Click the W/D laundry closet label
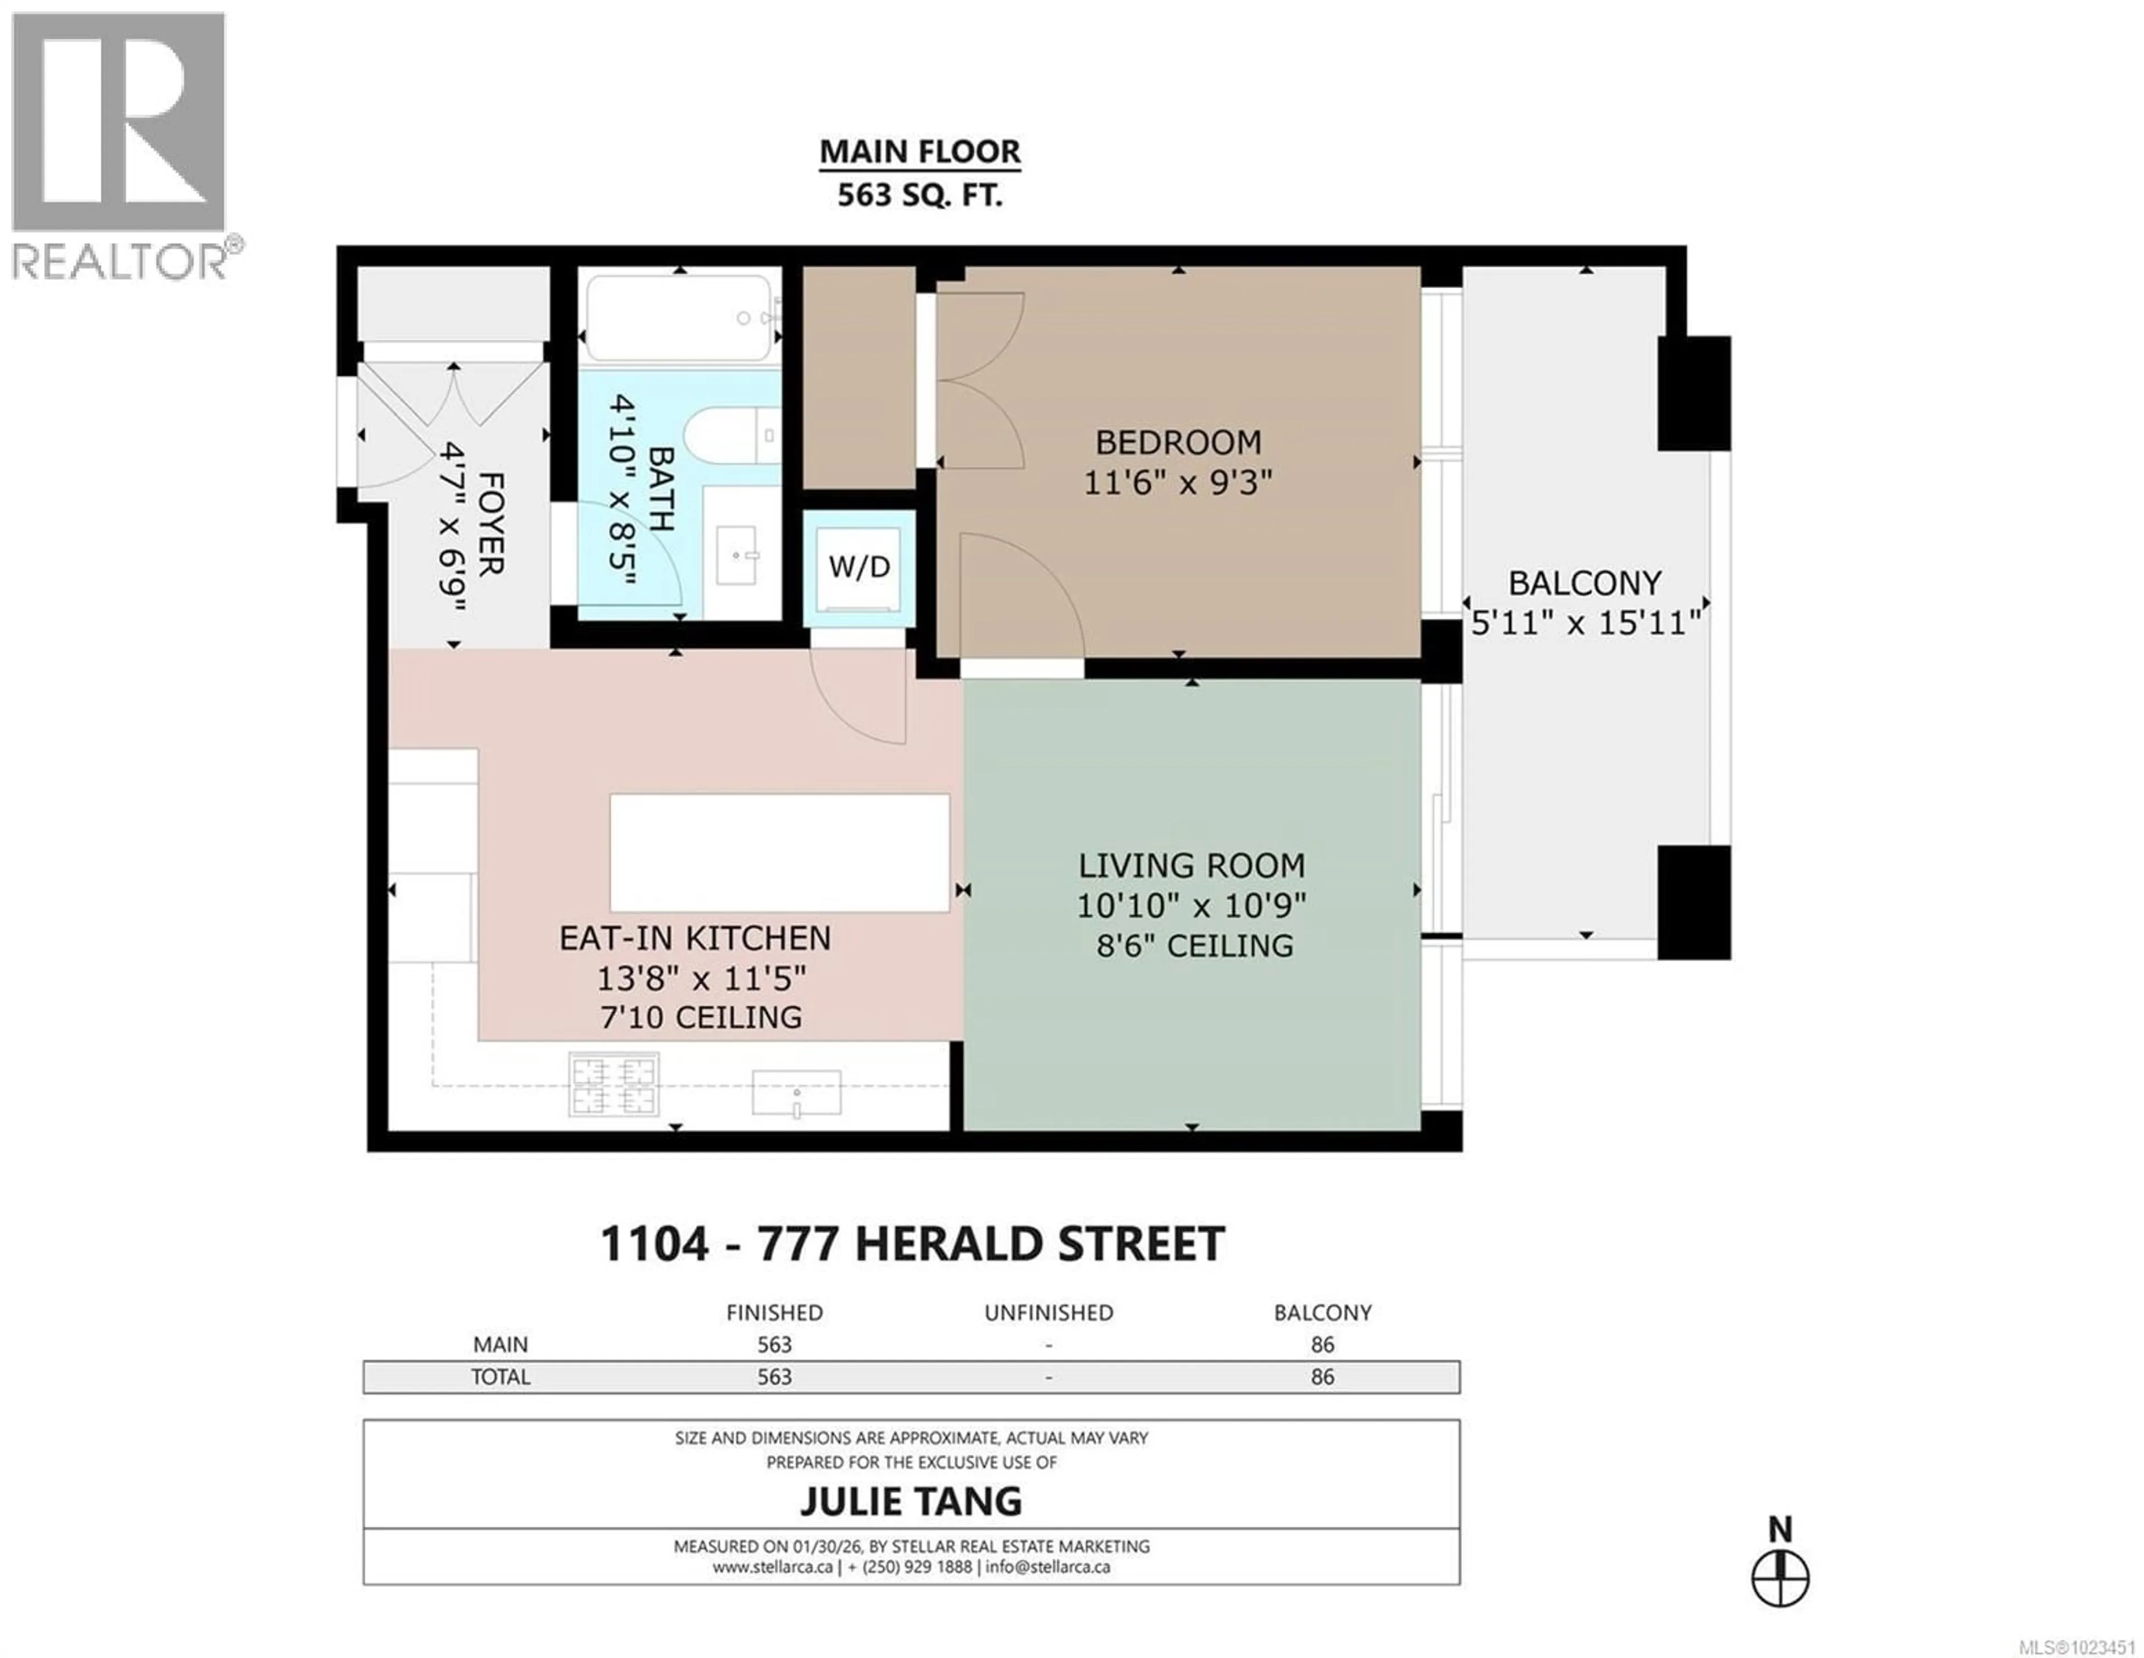pos(859,567)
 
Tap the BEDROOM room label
pos(1178,443)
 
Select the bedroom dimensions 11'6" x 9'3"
pos(1178,483)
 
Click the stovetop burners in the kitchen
pos(614,1084)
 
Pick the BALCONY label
pos(1585,583)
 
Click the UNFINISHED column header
pos(1049,1312)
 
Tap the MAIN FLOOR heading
pos(920,152)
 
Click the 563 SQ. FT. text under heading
pos(920,195)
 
